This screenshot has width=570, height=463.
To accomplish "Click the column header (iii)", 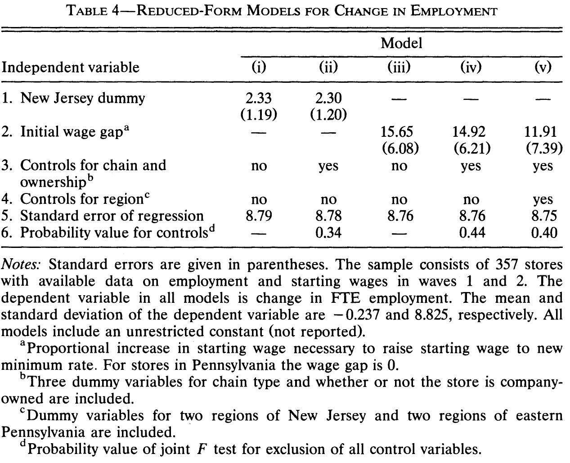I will pos(399,67).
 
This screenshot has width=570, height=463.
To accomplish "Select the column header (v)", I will pos(543,67).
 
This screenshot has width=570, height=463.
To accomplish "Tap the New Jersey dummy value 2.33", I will pos(259,98).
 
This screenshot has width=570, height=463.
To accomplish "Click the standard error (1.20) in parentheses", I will pos(328,115).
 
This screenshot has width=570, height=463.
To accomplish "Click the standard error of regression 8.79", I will pos(259,216).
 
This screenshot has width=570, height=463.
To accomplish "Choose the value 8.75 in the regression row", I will pos(543,216).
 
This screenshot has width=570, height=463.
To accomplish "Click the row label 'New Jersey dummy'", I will pos(83,98).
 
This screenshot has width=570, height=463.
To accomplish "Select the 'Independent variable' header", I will pos(71,67).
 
